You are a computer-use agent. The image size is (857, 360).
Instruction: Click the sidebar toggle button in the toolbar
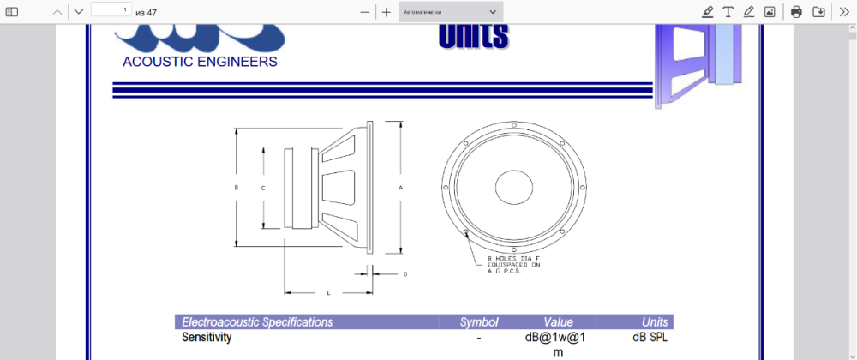point(12,12)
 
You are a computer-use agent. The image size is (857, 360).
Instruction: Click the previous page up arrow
point(57,12)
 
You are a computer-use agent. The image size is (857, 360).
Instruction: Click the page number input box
point(111,10)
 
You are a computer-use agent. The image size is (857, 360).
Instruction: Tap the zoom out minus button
point(365,12)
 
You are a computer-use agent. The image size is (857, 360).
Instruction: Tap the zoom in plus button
point(387,12)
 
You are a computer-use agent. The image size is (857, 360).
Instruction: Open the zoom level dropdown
point(451,12)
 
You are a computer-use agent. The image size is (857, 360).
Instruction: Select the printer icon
point(796,12)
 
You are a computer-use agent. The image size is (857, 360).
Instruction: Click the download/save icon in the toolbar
point(818,12)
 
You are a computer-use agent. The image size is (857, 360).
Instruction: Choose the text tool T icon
point(728,12)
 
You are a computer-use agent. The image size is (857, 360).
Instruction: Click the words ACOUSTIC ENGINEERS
point(200,62)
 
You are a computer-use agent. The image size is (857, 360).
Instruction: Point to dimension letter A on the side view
point(400,187)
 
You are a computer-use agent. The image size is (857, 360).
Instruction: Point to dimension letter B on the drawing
point(236,187)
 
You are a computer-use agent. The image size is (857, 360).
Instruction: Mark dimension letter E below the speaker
point(328,293)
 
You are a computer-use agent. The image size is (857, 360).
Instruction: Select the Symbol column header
point(479,322)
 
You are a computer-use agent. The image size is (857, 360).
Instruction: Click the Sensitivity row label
point(207,338)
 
